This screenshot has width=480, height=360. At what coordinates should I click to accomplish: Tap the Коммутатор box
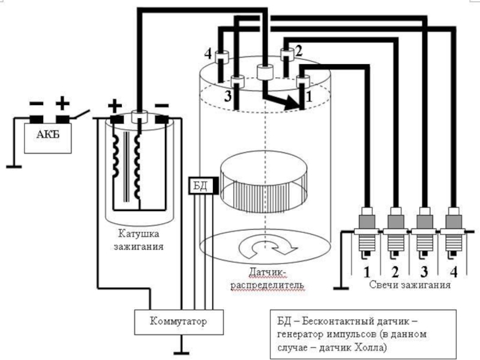pos(178,322)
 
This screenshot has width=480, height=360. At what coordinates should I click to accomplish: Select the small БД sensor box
pos(199,185)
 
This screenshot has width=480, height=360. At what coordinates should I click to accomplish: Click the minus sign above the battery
pos(37,104)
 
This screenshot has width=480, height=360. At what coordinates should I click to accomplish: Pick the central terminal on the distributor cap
pos(265,72)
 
